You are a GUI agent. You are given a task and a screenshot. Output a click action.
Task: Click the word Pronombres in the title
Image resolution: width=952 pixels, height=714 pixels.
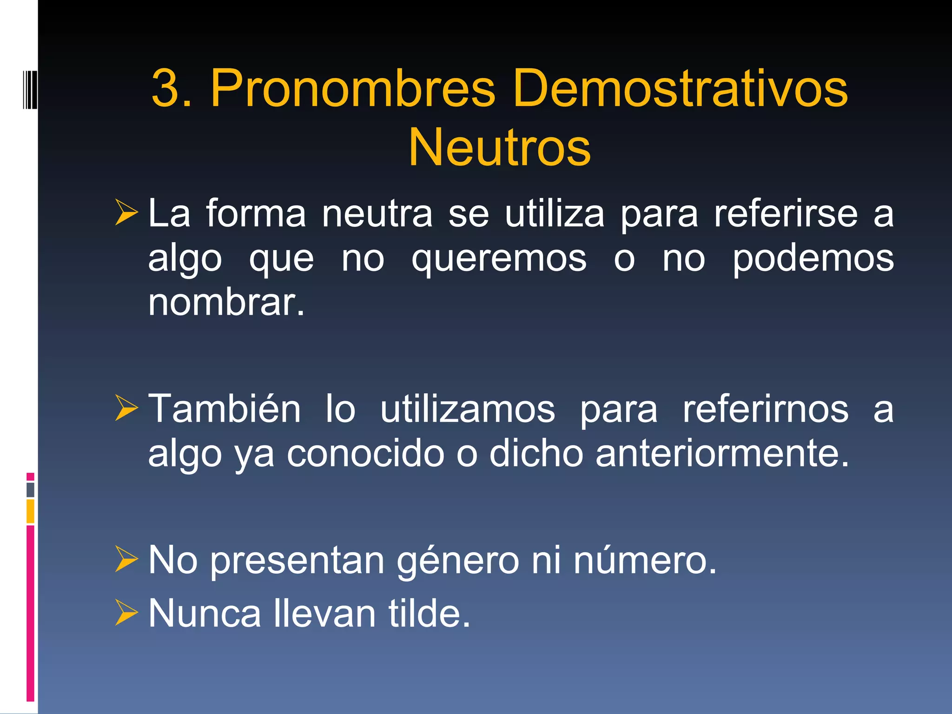pyautogui.click(x=353, y=88)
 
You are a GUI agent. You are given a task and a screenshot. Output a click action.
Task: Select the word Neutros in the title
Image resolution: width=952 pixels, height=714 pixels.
pyautogui.click(x=499, y=148)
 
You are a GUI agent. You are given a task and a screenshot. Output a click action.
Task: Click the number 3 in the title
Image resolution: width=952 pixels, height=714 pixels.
pyautogui.click(x=165, y=88)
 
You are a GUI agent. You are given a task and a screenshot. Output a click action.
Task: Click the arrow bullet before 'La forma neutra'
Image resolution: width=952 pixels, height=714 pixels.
pyautogui.click(x=126, y=212)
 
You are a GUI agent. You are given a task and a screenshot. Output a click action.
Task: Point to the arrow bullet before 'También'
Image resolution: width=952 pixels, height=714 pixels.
pyautogui.click(x=126, y=408)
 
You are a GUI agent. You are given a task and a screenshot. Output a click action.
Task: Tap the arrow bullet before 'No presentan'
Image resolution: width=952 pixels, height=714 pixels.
pyautogui.click(x=126, y=559)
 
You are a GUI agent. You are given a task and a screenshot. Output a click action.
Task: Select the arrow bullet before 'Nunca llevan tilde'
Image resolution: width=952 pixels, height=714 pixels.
pyautogui.click(x=126, y=613)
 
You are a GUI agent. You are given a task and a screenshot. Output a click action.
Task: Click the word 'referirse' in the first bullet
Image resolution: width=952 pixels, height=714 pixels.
pyautogui.click(x=786, y=214)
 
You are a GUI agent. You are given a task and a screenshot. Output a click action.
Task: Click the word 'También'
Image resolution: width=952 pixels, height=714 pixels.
pyautogui.click(x=225, y=409)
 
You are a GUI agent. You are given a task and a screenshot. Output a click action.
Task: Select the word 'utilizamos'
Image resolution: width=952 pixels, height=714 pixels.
pyautogui.click(x=468, y=409)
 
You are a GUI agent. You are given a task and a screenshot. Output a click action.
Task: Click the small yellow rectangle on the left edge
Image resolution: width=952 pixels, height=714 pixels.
pyautogui.click(x=30, y=511)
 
